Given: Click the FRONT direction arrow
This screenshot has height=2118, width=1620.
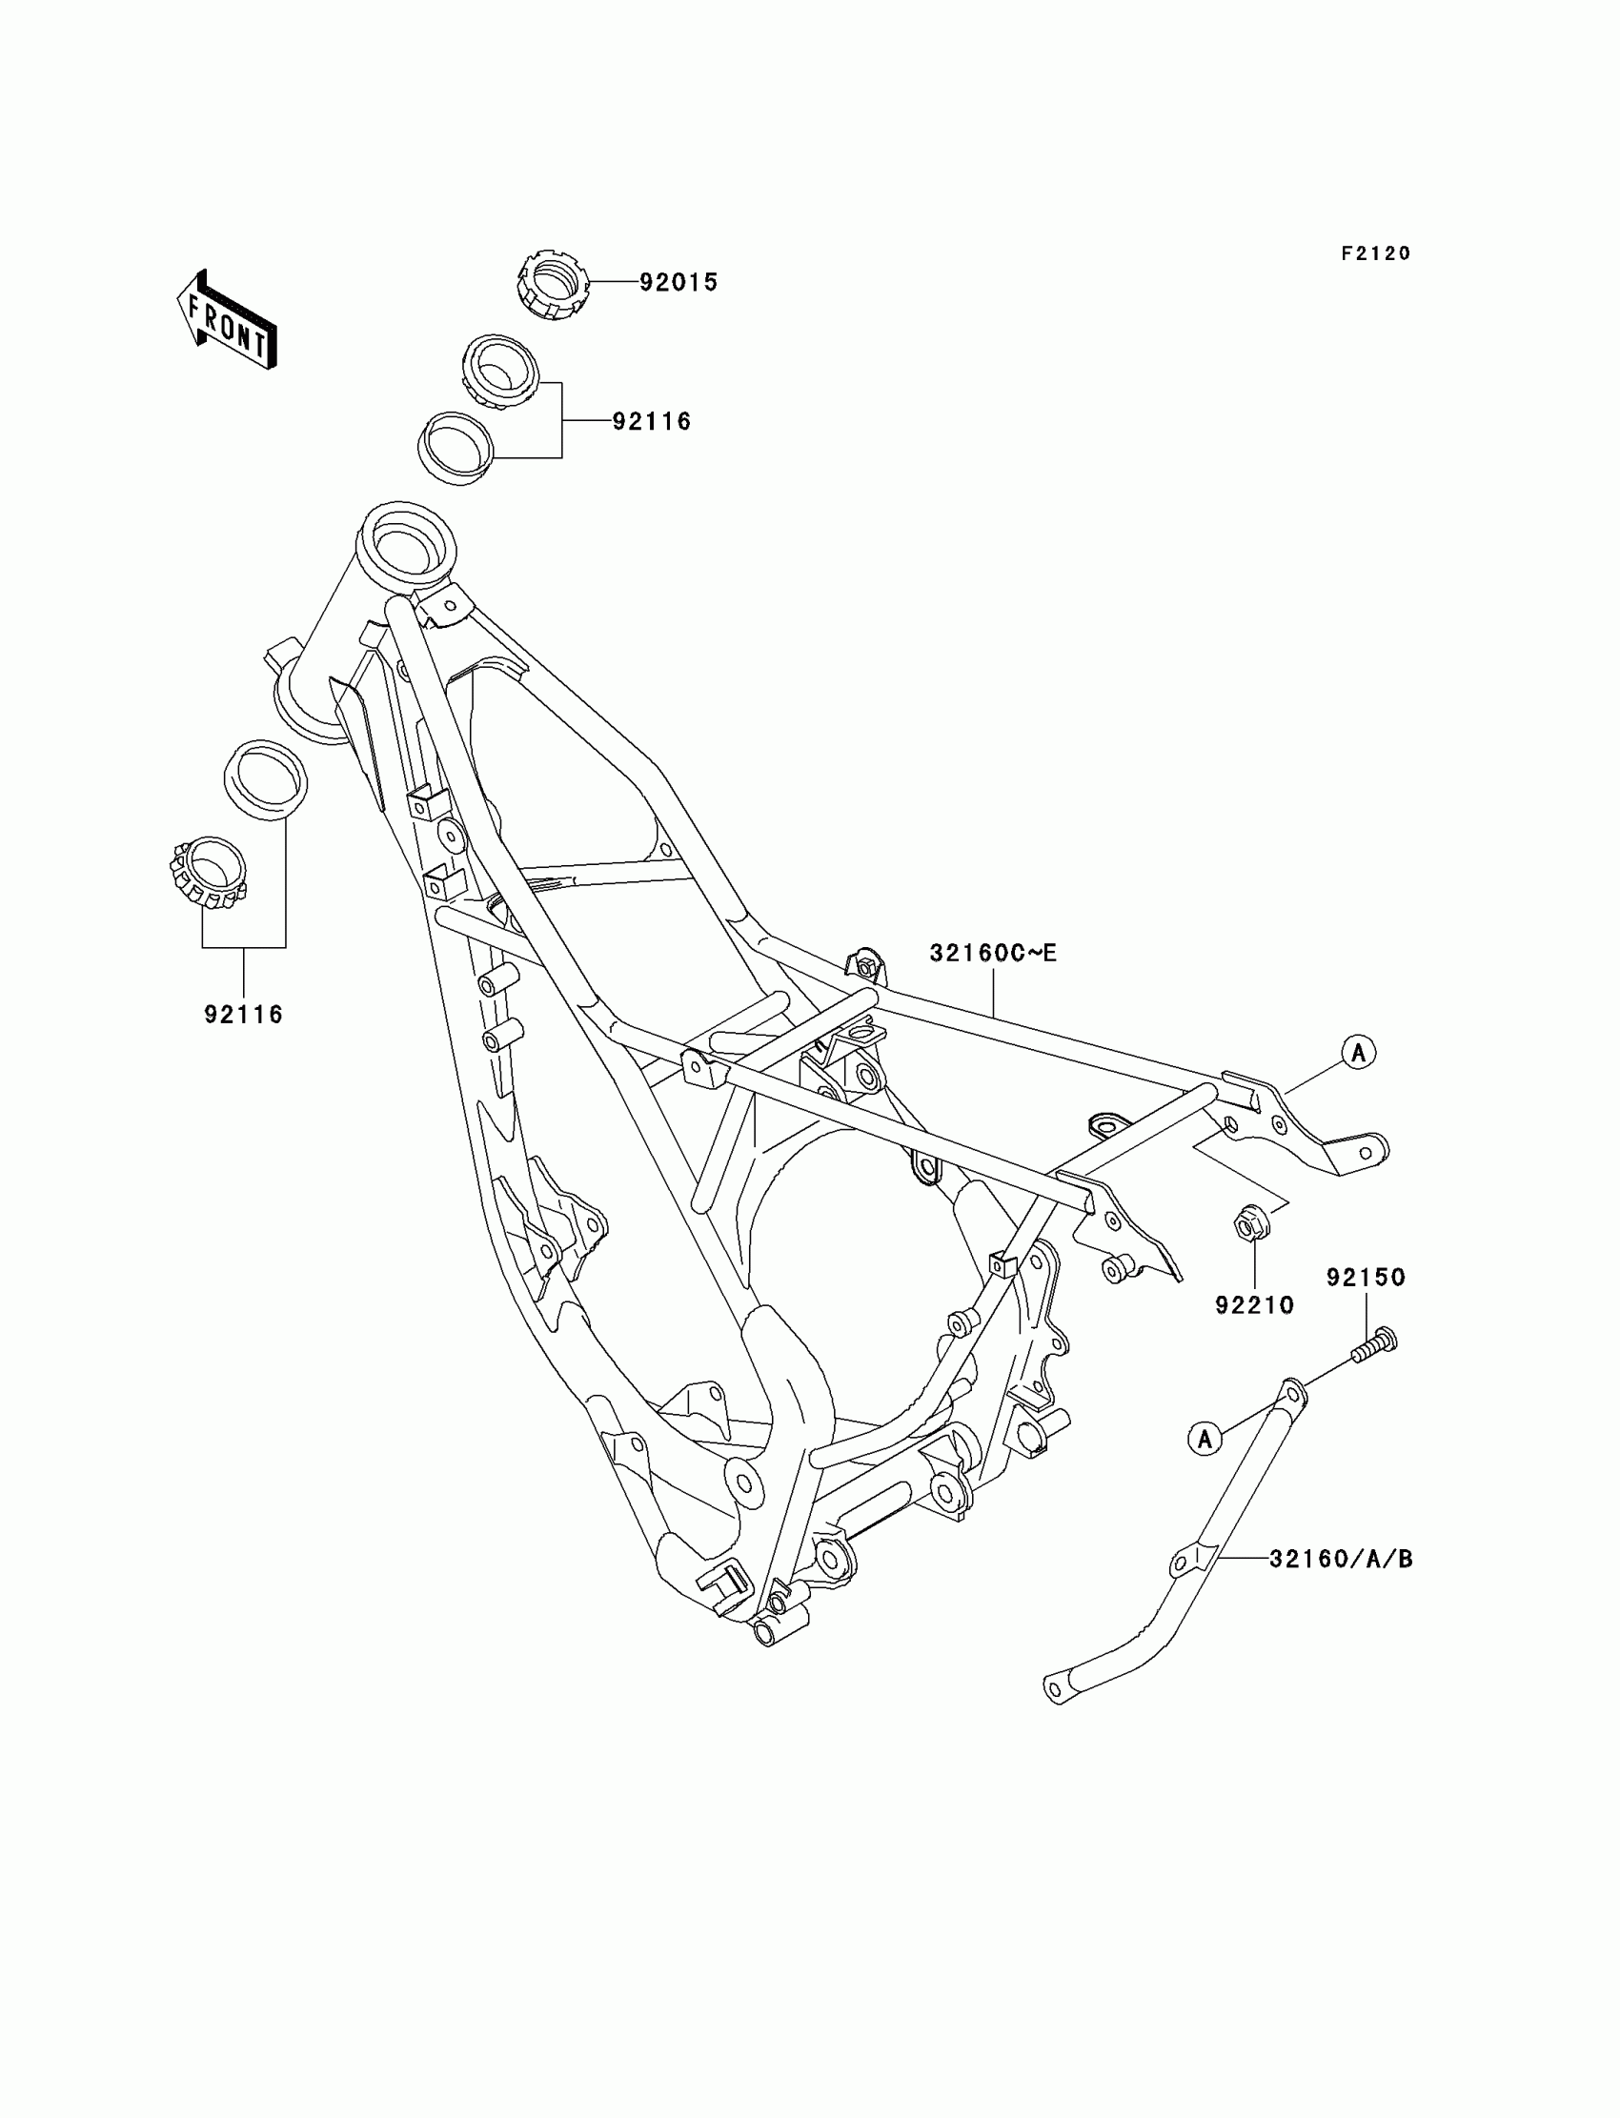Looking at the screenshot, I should click(228, 320).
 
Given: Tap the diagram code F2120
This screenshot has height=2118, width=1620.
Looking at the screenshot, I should click(1375, 253).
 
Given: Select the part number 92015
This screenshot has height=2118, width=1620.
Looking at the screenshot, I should click(678, 282).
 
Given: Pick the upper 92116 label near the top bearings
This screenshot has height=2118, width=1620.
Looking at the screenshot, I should click(652, 421).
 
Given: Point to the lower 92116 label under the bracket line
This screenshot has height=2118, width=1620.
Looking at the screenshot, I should click(243, 1014).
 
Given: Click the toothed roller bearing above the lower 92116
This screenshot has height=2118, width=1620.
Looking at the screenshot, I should click(205, 873).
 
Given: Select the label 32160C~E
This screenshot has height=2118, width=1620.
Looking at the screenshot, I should click(993, 954).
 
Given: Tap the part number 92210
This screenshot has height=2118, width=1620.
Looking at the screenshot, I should click(1253, 1305).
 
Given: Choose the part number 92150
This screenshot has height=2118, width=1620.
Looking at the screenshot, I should click(1366, 1278).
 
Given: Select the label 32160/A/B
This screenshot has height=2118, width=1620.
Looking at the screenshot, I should click(1341, 1559).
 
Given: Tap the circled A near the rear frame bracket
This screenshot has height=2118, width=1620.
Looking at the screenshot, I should click(1359, 1053).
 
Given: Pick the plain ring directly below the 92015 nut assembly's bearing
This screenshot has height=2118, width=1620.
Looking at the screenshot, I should click(456, 450).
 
